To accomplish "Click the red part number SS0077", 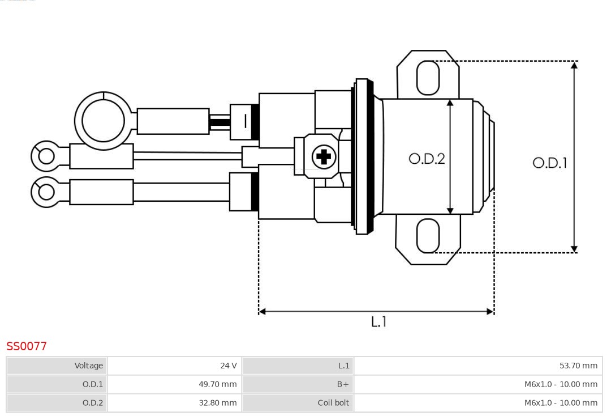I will click(x=27, y=346).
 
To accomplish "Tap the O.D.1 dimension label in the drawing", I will click(x=549, y=163).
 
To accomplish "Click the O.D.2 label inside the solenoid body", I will click(x=427, y=159).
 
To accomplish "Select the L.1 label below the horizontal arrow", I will click(x=378, y=322).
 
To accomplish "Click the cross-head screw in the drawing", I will click(x=324, y=156).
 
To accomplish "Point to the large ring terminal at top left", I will click(x=103, y=121).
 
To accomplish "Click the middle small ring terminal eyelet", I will click(x=46, y=156).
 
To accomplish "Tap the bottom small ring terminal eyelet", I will click(x=46, y=192).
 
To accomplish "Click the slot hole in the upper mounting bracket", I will click(x=428, y=78).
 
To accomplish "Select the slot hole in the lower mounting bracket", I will click(x=428, y=236).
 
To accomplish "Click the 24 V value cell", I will click(x=229, y=366).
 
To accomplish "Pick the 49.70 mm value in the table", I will click(x=218, y=384).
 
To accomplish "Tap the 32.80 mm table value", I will click(x=218, y=403).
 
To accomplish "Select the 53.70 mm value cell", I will click(x=578, y=366).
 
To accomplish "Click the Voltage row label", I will click(x=89, y=366).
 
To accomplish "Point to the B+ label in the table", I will click(x=343, y=384).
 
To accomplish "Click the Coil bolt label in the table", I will click(x=333, y=403).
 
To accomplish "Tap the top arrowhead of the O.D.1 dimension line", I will click(x=574, y=65).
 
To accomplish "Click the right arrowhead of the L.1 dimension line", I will click(x=490, y=311).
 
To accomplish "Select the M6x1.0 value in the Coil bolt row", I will click(x=561, y=403).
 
